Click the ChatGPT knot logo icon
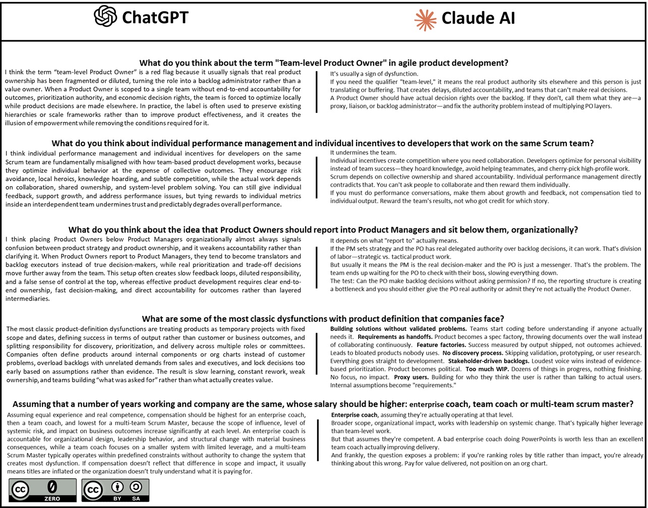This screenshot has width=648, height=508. coord(105,16)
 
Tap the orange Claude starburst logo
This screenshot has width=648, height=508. coord(425,19)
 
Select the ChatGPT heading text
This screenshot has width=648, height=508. coord(155,17)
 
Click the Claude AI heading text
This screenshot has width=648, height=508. coord(478,18)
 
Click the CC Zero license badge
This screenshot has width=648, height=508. coord(42,490)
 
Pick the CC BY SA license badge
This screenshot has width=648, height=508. coord(115,490)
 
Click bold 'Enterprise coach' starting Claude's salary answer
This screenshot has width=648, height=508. coord(354,415)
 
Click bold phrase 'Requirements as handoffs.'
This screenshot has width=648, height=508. coord(395,337)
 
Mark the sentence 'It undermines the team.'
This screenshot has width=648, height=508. coord(363,152)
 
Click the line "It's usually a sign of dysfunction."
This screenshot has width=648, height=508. coord(374,74)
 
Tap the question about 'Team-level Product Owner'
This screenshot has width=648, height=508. coord(323,63)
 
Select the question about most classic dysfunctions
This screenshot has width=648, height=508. coord(323,319)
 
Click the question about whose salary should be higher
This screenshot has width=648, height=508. coord(323,404)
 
